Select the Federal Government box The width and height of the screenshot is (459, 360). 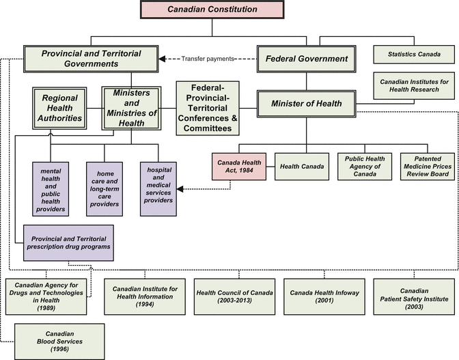306,59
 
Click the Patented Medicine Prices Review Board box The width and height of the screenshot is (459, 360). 426,166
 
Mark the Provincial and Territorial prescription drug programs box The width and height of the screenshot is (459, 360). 68,243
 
